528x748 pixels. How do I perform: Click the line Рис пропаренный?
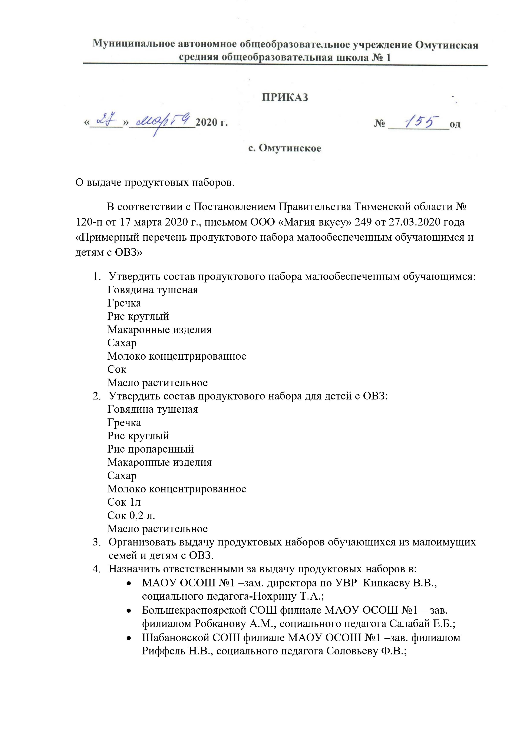click(x=150, y=449)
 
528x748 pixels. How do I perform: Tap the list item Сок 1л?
click(x=124, y=502)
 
